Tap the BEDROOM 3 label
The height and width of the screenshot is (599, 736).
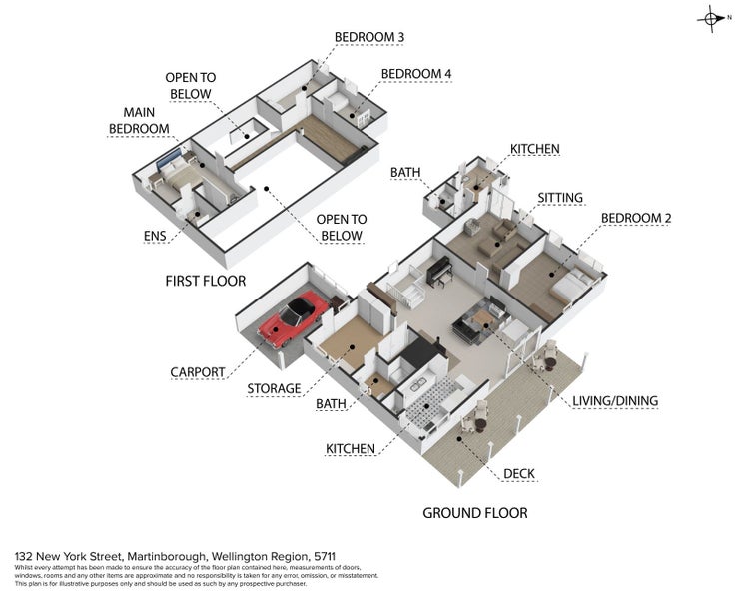click(369, 37)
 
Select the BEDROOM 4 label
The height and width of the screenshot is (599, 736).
click(416, 74)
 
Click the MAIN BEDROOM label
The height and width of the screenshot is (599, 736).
click(139, 120)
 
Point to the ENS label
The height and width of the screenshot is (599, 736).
click(155, 236)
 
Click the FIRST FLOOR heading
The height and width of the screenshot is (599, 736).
click(206, 281)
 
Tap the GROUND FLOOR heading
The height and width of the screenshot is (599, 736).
click(475, 513)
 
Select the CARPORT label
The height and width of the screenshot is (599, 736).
click(198, 372)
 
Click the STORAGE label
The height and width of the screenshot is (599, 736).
click(274, 389)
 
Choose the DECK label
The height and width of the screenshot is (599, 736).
click(519, 474)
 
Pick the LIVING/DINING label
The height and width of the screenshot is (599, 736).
click(615, 401)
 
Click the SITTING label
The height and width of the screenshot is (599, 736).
click(560, 198)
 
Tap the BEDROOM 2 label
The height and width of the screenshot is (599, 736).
click(636, 218)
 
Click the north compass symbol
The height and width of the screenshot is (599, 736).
click(712, 19)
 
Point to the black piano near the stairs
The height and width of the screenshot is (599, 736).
click(439, 272)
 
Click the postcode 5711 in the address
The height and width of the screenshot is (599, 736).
click(325, 557)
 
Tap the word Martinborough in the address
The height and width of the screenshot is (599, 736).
click(167, 557)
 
